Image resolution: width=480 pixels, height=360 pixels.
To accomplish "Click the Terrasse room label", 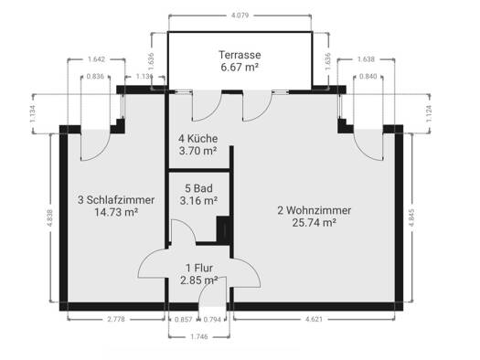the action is coord(240,55).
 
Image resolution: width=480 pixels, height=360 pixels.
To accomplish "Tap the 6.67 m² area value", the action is coord(240,67).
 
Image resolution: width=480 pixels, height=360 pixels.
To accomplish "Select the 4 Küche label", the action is coord(198,139).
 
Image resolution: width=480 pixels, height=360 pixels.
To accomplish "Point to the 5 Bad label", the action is coord(198,188).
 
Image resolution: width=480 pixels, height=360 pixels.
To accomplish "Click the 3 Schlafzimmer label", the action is coord(116,200).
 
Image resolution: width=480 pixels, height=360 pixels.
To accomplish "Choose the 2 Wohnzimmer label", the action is coord(315,210).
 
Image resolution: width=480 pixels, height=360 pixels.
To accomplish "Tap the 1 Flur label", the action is coord(199,268).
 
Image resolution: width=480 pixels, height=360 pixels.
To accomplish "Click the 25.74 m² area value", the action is coord(315,223).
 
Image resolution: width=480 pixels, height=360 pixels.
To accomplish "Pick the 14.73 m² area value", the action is coord(116,212).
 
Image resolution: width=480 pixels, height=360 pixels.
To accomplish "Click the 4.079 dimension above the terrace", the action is coord(240,16).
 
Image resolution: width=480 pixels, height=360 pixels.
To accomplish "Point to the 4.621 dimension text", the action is coord(314,319).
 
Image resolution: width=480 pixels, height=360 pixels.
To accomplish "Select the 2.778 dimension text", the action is coord(116,319).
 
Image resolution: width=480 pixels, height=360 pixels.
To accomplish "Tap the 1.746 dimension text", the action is coord(199,337).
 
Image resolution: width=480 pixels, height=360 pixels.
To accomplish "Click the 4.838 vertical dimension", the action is coord(50,217).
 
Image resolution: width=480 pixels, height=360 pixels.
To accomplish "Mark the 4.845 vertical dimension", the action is coord(411,217).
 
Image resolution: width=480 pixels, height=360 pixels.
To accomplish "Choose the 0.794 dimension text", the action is coord(212,320).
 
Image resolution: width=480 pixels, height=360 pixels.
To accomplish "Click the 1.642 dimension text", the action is coord(96,59).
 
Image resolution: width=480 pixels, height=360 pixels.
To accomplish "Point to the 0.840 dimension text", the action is coord(368,77).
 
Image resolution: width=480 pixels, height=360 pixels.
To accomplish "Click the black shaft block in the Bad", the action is coord(223,229).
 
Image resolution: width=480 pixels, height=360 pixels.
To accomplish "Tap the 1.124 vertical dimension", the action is coord(429,114).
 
